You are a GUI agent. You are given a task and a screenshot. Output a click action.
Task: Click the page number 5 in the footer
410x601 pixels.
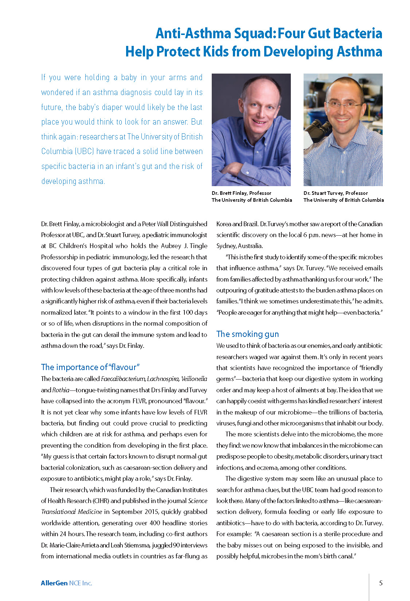pos(381,583)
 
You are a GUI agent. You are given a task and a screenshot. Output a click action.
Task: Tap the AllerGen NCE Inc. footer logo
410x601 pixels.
pos(66,583)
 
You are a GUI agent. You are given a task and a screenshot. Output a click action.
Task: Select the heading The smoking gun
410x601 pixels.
pos(247,334)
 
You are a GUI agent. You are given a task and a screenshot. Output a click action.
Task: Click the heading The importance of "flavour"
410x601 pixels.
pos(90,367)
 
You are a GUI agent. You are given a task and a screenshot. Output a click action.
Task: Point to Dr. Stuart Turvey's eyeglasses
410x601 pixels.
pos(343,105)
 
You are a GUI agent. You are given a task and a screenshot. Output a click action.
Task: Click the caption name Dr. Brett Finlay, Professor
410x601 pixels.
pos(241,193)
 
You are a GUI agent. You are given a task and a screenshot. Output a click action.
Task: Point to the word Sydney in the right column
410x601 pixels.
pos(226,246)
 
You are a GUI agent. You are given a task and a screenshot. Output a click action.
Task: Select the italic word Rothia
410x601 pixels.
pos(60,390)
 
